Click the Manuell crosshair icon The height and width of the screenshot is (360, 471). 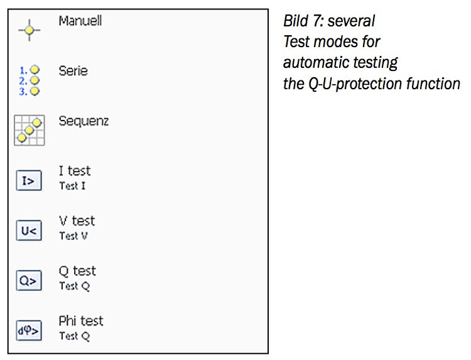click(29, 30)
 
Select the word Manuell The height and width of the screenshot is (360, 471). click(80, 21)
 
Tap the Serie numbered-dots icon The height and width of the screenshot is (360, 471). click(29, 80)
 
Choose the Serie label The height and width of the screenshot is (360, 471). click(73, 71)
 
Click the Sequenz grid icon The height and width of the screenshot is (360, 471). click(29, 130)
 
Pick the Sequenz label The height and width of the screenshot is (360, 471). click(84, 121)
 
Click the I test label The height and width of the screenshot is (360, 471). click(74, 171)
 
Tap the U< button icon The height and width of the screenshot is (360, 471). click(29, 231)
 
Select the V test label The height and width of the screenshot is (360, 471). click(77, 221)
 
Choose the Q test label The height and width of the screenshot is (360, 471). click(77, 271)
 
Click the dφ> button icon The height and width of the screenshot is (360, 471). click(29, 331)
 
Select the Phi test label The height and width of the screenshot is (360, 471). click(81, 321)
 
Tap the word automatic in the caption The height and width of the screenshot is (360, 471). click(315, 63)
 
